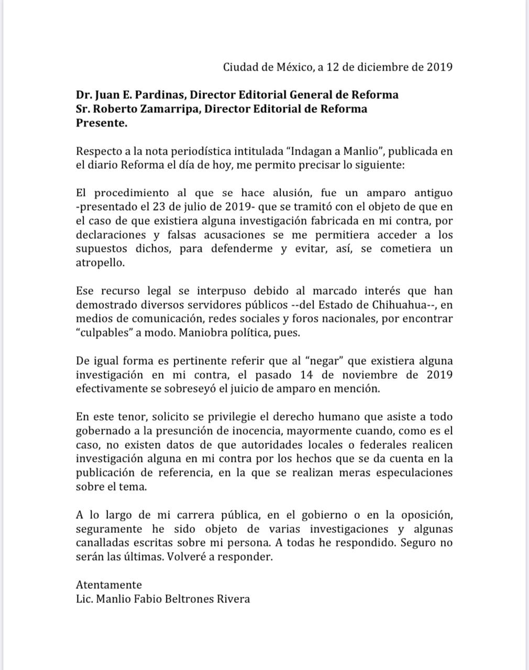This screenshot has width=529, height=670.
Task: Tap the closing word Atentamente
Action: [x=109, y=585]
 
